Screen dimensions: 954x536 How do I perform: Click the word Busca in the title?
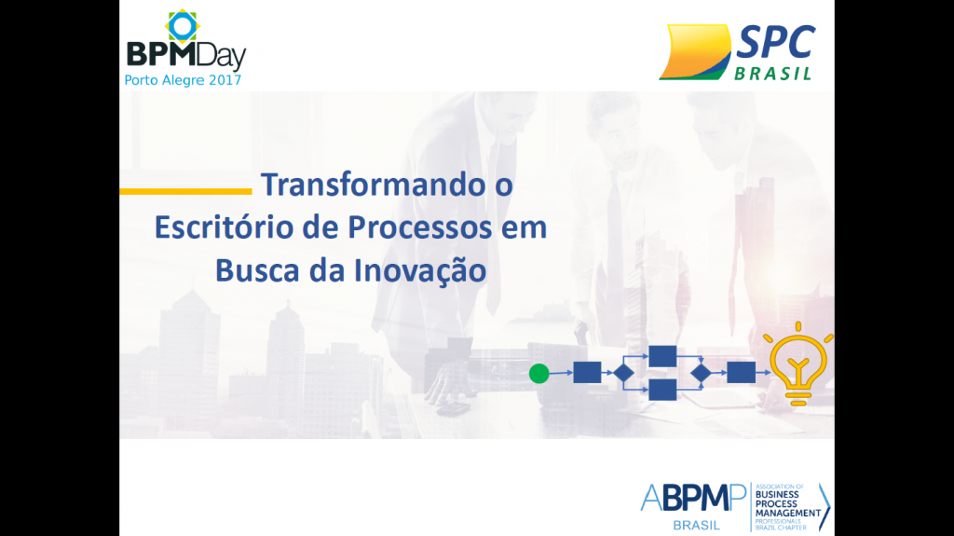click(257, 270)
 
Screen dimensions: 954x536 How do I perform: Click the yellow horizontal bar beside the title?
click(185, 191)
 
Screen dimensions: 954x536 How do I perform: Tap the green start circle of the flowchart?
click(539, 374)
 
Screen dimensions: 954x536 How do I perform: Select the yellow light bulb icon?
click(798, 364)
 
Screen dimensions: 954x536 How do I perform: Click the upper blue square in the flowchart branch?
click(662, 356)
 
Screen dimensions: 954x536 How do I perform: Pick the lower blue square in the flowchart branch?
click(662, 390)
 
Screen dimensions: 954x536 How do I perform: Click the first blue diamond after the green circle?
click(623, 373)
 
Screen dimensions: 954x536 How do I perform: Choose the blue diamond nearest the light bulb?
click(701, 373)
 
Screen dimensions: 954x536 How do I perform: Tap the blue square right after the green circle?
click(587, 372)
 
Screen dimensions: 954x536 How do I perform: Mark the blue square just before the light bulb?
click(741, 372)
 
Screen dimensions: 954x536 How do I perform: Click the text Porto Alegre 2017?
click(184, 80)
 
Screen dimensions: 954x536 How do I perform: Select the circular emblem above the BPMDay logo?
click(183, 25)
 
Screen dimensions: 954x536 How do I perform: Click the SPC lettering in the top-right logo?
click(775, 43)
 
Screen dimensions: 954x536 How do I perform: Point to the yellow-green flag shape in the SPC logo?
click(695, 52)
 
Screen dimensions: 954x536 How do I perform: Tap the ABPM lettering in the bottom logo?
click(693, 498)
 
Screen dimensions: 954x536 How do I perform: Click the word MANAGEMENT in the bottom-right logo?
click(788, 514)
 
